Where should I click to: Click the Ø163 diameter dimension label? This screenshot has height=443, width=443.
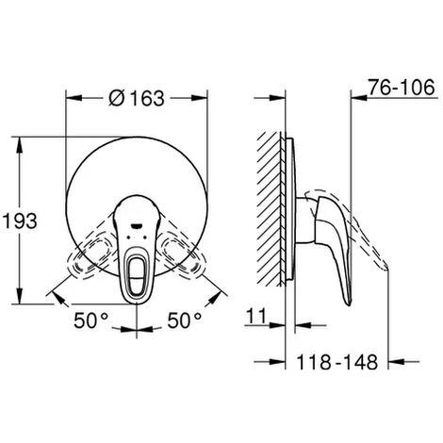coord(137,98)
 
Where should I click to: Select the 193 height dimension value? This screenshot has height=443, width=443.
coord(20,221)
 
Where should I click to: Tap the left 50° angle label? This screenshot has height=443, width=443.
coord(90,320)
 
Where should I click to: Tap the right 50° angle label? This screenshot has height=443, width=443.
coord(185,320)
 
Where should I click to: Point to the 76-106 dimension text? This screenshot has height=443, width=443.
coord(402,87)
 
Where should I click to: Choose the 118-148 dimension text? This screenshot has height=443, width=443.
coord(337,362)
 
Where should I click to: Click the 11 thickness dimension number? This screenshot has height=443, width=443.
coord(256,316)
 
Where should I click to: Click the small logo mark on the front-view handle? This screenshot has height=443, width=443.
coord(137,225)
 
